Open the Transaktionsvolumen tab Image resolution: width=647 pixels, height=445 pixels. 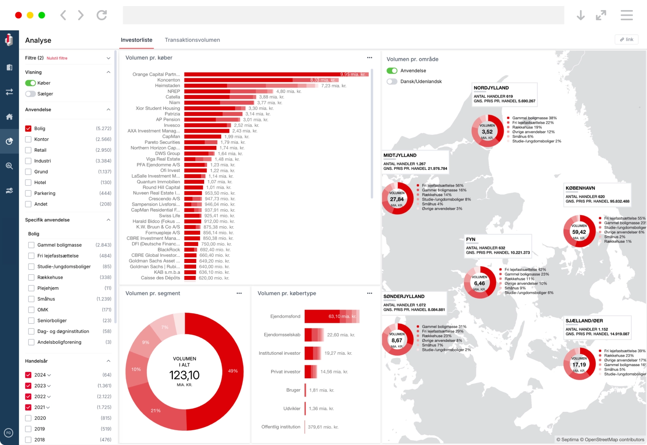(192, 40)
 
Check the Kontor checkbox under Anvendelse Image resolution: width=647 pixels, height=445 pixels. (28, 139)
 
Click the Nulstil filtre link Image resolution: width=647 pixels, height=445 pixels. (57, 58)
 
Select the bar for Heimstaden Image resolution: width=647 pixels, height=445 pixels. (251, 86)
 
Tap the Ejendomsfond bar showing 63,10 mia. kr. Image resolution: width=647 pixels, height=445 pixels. (332, 316)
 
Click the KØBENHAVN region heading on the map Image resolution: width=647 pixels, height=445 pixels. (580, 188)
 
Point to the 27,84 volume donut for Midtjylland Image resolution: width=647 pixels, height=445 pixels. (398, 199)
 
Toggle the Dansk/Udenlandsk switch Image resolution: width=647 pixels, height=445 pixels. (392, 81)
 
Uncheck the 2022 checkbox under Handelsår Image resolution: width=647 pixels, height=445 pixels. (28, 396)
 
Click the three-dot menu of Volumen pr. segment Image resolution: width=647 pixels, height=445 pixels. (239, 293)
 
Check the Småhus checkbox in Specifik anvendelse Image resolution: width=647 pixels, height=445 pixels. (31, 299)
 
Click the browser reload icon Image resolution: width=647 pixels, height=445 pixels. (101, 15)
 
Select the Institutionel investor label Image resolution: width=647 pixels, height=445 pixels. (279, 353)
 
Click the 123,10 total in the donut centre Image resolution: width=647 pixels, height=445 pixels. (184, 375)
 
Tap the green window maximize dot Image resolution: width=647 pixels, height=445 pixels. (42, 15)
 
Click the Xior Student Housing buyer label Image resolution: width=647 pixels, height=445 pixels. (158, 108)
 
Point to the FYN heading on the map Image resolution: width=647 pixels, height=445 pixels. (471, 239)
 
